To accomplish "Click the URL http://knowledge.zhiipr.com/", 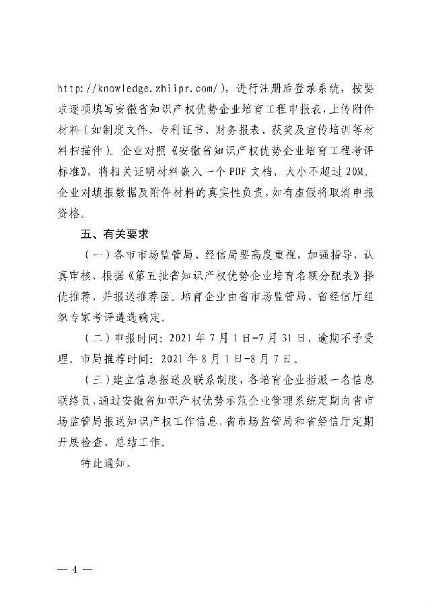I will click(x=144, y=88).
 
